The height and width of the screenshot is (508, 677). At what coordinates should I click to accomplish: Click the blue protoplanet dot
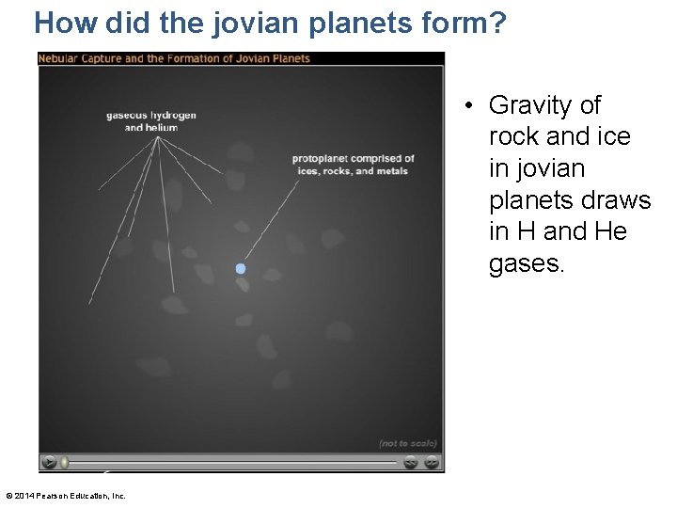pyautogui.click(x=241, y=269)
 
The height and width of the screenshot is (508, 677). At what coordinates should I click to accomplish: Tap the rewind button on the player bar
pyautogui.click(x=411, y=462)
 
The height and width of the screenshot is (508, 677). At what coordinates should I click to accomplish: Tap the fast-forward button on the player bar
pyautogui.click(x=431, y=462)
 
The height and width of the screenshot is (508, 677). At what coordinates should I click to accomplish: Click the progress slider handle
pyautogui.click(x=65, y=462)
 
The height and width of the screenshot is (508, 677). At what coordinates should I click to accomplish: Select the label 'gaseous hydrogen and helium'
pyautogui.click(x=151, y=121)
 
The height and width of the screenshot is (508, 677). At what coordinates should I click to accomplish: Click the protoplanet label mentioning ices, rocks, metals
pyautogui.click(x=353, y=165)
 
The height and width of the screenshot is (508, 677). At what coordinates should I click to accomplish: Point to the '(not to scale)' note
pyautogui.click(x=408, y=443)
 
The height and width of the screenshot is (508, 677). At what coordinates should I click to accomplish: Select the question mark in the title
pyautogui.click(x=496, y=23)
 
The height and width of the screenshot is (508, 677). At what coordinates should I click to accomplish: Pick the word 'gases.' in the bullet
pyautogui.click(x=527, y=264)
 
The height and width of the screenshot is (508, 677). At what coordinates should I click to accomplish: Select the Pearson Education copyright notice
pyautogui.click(x=66, y=496)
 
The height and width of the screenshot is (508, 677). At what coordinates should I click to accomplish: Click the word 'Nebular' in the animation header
pyautogui.click(x=59, y=58)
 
